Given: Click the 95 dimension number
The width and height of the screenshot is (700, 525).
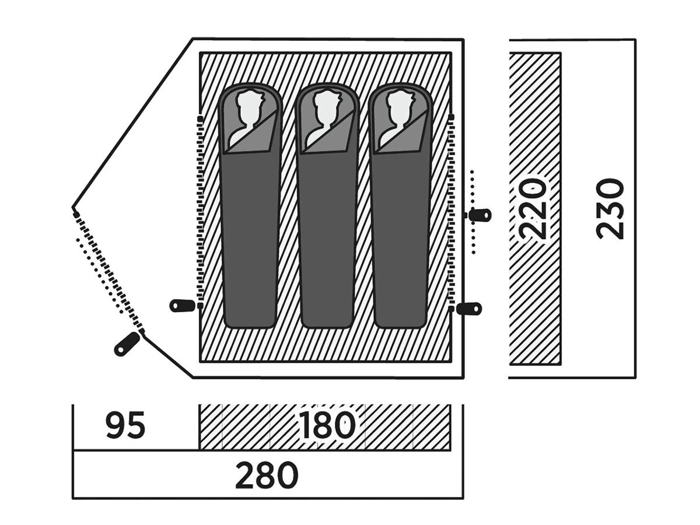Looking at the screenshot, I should (x=125, y=426).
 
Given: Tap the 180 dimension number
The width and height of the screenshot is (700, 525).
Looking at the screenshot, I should (x=327, y=426).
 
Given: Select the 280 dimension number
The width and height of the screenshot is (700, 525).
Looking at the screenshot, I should (x=267, y=475).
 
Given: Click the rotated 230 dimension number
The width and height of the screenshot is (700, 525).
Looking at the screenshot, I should (x=611, y=209).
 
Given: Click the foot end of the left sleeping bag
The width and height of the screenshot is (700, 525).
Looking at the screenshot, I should (x=250, y=315).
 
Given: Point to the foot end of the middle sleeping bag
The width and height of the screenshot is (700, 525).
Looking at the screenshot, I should (x=326, y=315).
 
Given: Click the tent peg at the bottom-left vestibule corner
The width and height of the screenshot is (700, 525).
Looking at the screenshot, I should (x=127, y=343).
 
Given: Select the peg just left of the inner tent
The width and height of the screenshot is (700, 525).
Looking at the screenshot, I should (x=183, y=304).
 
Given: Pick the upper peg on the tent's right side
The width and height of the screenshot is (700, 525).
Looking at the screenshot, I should (x=480, y=215).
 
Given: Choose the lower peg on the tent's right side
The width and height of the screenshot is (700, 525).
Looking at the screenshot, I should (x=470, y=309).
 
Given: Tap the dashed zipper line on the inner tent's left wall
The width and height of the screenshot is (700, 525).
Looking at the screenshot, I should (x=200, y=210).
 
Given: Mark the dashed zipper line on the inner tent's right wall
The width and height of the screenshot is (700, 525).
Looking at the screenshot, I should (x=453, y=210).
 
